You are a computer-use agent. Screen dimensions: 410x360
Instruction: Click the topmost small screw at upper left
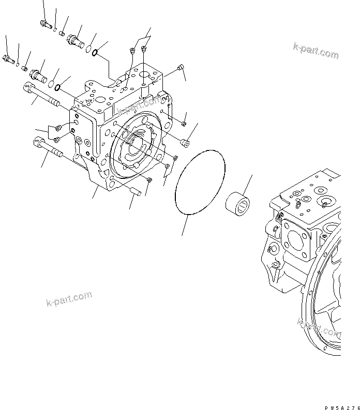(x=43, y=23)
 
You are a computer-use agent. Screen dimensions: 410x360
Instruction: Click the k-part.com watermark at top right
(x=316, y=52)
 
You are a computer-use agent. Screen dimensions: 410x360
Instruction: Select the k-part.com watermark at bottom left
(x=68, y=298)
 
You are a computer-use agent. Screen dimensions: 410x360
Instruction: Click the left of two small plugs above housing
(x=132, y=50)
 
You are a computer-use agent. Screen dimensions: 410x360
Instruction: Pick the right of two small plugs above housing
(x=143, y=50)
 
